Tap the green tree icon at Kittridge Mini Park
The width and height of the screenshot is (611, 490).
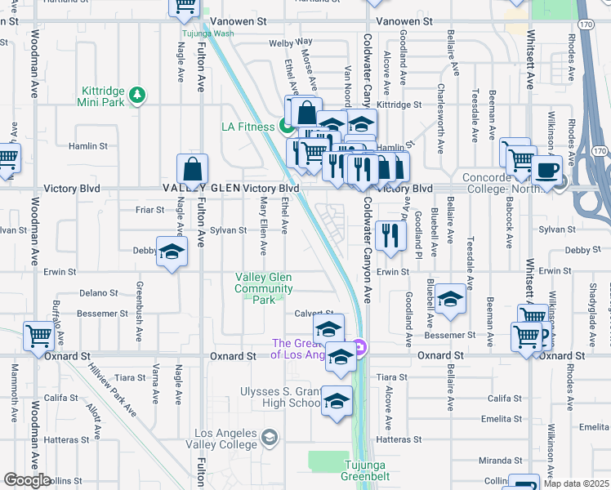click(x=139, y=96)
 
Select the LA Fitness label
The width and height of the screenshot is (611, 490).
click(x=249, y=126)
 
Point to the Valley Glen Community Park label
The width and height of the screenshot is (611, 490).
click(x=264, y=288)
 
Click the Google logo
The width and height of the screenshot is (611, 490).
click(x=27, y=480)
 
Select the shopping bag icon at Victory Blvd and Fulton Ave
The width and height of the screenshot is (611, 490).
click(x=191, y=170)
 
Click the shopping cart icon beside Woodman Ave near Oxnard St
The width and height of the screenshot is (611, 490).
click(x=38, y=335)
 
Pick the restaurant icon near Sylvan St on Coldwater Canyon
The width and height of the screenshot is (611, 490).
click(x=392, y=234)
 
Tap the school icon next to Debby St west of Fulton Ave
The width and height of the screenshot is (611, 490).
click(x=172, y=253)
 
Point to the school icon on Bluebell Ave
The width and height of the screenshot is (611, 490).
click(x=449, y=300)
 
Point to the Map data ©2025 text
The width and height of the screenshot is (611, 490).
click(x=574, y=483)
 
